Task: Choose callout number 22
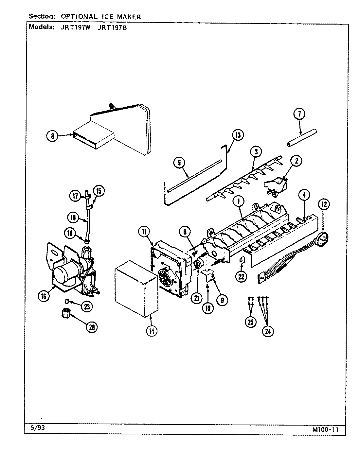[x=241, y=276]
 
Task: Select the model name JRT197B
[x=112, y=28]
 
